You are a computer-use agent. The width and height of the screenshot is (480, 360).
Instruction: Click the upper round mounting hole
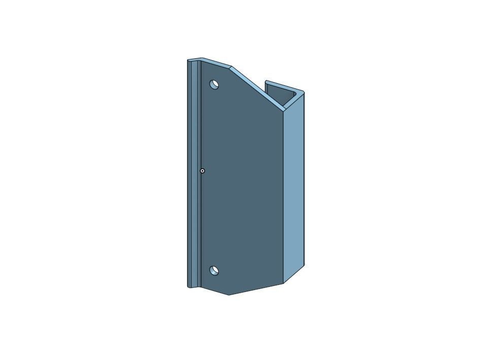point(214,84)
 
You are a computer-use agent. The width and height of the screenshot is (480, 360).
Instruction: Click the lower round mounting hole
point(214,271)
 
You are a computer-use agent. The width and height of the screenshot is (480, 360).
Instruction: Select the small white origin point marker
point(202,171)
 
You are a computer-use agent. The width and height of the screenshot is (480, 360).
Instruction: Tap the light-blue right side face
point(294,188)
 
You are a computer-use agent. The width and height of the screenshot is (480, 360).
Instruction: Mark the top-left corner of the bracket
point(188,60)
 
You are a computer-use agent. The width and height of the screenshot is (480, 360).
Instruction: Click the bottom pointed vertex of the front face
point(229,294)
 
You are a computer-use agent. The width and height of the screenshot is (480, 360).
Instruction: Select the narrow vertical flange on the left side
point(194,173)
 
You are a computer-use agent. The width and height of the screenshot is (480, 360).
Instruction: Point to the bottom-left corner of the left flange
point(188,287)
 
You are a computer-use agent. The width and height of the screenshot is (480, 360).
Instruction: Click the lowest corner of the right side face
point(284,283)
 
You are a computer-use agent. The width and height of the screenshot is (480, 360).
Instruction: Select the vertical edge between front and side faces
point(283,198)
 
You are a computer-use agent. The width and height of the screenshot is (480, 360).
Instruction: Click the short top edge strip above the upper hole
point(215,62)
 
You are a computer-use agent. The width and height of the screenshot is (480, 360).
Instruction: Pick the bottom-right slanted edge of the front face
point(256,289)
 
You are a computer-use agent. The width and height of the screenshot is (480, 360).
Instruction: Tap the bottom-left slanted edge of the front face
point(215,291)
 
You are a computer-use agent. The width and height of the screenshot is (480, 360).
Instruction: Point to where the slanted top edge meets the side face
point(283,109)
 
